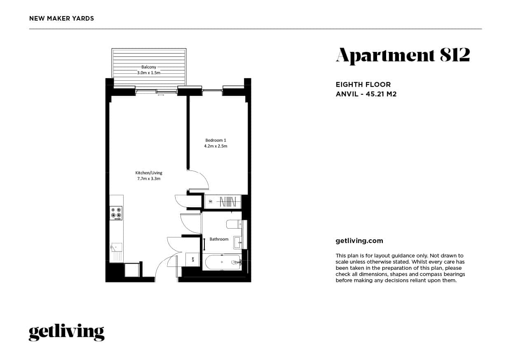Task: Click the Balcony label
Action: (x=149, y=67)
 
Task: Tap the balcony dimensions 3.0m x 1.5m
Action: (x=149, y=72)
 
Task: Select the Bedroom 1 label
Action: (x=216, y=140)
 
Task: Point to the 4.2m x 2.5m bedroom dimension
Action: (x=216, y=146)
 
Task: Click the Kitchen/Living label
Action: (x=149, y=173)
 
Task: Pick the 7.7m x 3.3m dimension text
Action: (x=149, y=179)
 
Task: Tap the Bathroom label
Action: (x=219, y=239)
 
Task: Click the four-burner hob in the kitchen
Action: (x=116, y=213)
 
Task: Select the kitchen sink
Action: (x=116, y=247)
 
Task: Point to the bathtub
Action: (x=222, y=261)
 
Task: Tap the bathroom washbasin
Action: (x=237, y=242)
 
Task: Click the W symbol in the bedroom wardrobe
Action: (x=211, y=201)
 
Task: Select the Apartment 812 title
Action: (x=403, y=56)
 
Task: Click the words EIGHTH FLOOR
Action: (x=363, y=85)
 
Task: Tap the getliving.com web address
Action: (x=359, y=241)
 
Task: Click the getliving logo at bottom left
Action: (x=66, y=332)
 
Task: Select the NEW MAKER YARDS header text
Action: (x=62, y=19)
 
